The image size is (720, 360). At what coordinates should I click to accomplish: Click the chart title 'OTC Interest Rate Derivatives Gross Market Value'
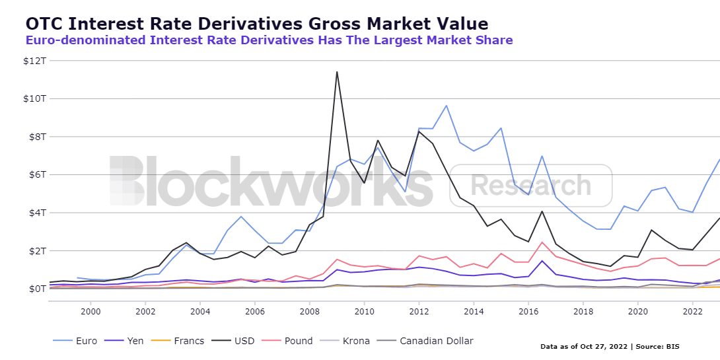click(256, 24)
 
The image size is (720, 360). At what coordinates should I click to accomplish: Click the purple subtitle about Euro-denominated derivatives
click(269, 40)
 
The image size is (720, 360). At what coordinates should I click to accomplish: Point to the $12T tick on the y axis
click(36, 61)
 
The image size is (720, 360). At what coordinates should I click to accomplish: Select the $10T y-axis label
click(36, 99)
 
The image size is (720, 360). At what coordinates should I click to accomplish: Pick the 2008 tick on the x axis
click(309, 311)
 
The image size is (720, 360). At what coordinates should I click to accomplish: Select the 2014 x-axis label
click(474, 311)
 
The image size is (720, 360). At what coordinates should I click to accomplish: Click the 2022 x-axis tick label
click(692, 311)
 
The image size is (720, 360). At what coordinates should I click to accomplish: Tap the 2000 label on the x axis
click(90, 311)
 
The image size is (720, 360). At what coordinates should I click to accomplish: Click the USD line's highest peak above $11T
click(337, 72)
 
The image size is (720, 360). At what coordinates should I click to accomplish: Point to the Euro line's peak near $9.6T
click(447, 106)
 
